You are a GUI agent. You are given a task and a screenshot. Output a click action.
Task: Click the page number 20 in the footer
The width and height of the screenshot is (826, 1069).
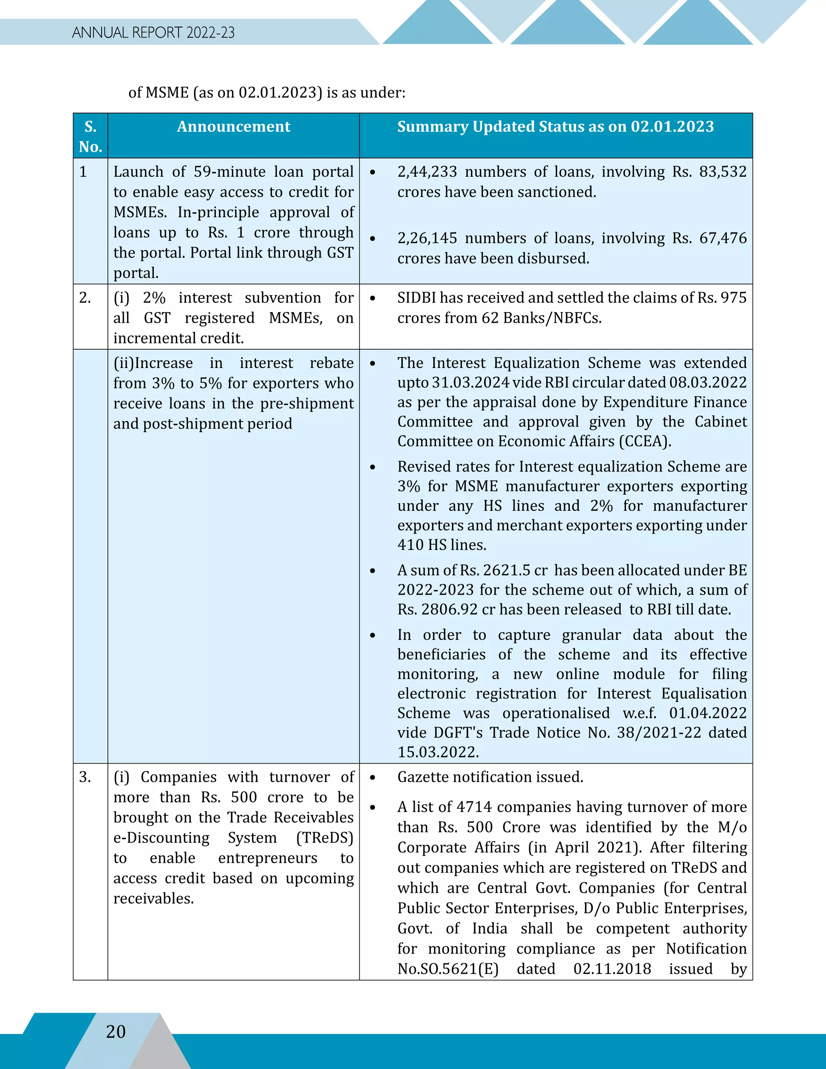(116, 1032)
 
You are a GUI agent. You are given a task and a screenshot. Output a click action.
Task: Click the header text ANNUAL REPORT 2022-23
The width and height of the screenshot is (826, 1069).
(153, 33)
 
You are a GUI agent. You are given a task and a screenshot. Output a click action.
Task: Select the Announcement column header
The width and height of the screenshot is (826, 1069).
(234, 127)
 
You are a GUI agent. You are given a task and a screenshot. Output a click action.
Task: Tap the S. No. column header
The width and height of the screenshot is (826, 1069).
(90, 137)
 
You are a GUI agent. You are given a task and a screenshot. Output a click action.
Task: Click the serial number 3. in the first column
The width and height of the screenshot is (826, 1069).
(85, 777)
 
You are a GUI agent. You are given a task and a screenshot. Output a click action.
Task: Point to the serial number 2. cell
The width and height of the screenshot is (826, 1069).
(85, 298)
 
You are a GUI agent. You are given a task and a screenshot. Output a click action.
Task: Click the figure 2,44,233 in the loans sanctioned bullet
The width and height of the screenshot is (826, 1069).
(427, 172)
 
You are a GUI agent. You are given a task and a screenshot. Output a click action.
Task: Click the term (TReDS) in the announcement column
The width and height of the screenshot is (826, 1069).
(325, 838)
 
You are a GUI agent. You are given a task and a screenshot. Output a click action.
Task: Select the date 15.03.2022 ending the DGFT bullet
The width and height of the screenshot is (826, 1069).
(438, 752)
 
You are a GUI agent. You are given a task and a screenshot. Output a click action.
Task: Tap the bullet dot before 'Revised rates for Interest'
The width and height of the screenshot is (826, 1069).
(373, 468)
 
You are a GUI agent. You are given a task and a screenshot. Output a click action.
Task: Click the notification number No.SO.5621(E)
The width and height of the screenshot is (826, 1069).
(448, 969)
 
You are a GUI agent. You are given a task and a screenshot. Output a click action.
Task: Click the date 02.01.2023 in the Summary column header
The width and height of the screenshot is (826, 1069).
(672, 127)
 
